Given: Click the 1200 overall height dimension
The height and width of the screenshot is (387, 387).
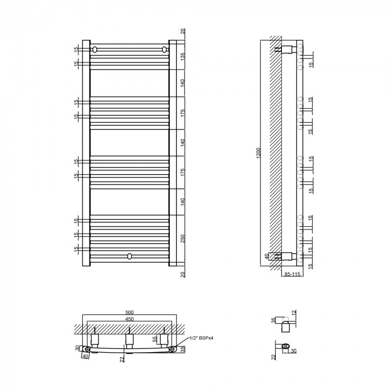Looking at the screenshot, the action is click(x=258, y=153).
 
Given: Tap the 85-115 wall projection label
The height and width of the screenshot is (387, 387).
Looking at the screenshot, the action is click(x=292, y=274).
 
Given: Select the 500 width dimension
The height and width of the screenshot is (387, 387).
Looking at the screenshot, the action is click(x=129, y=313).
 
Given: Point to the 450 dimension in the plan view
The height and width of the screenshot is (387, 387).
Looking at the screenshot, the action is click(x=129, y=319).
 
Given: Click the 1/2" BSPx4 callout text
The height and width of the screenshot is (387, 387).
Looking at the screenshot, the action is click(x=201, y=338).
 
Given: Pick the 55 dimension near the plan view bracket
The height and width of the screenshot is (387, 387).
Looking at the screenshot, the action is click(x=155, y=339).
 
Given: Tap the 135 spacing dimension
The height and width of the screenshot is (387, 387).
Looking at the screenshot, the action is click(x=182, y=57).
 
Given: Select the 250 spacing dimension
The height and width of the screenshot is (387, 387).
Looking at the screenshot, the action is click(x=182, y=238).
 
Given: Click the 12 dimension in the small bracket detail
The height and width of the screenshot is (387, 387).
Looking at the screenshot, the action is click(x=294, y=313).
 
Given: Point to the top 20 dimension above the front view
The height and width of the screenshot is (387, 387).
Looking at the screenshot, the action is click(x=182, y=32).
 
